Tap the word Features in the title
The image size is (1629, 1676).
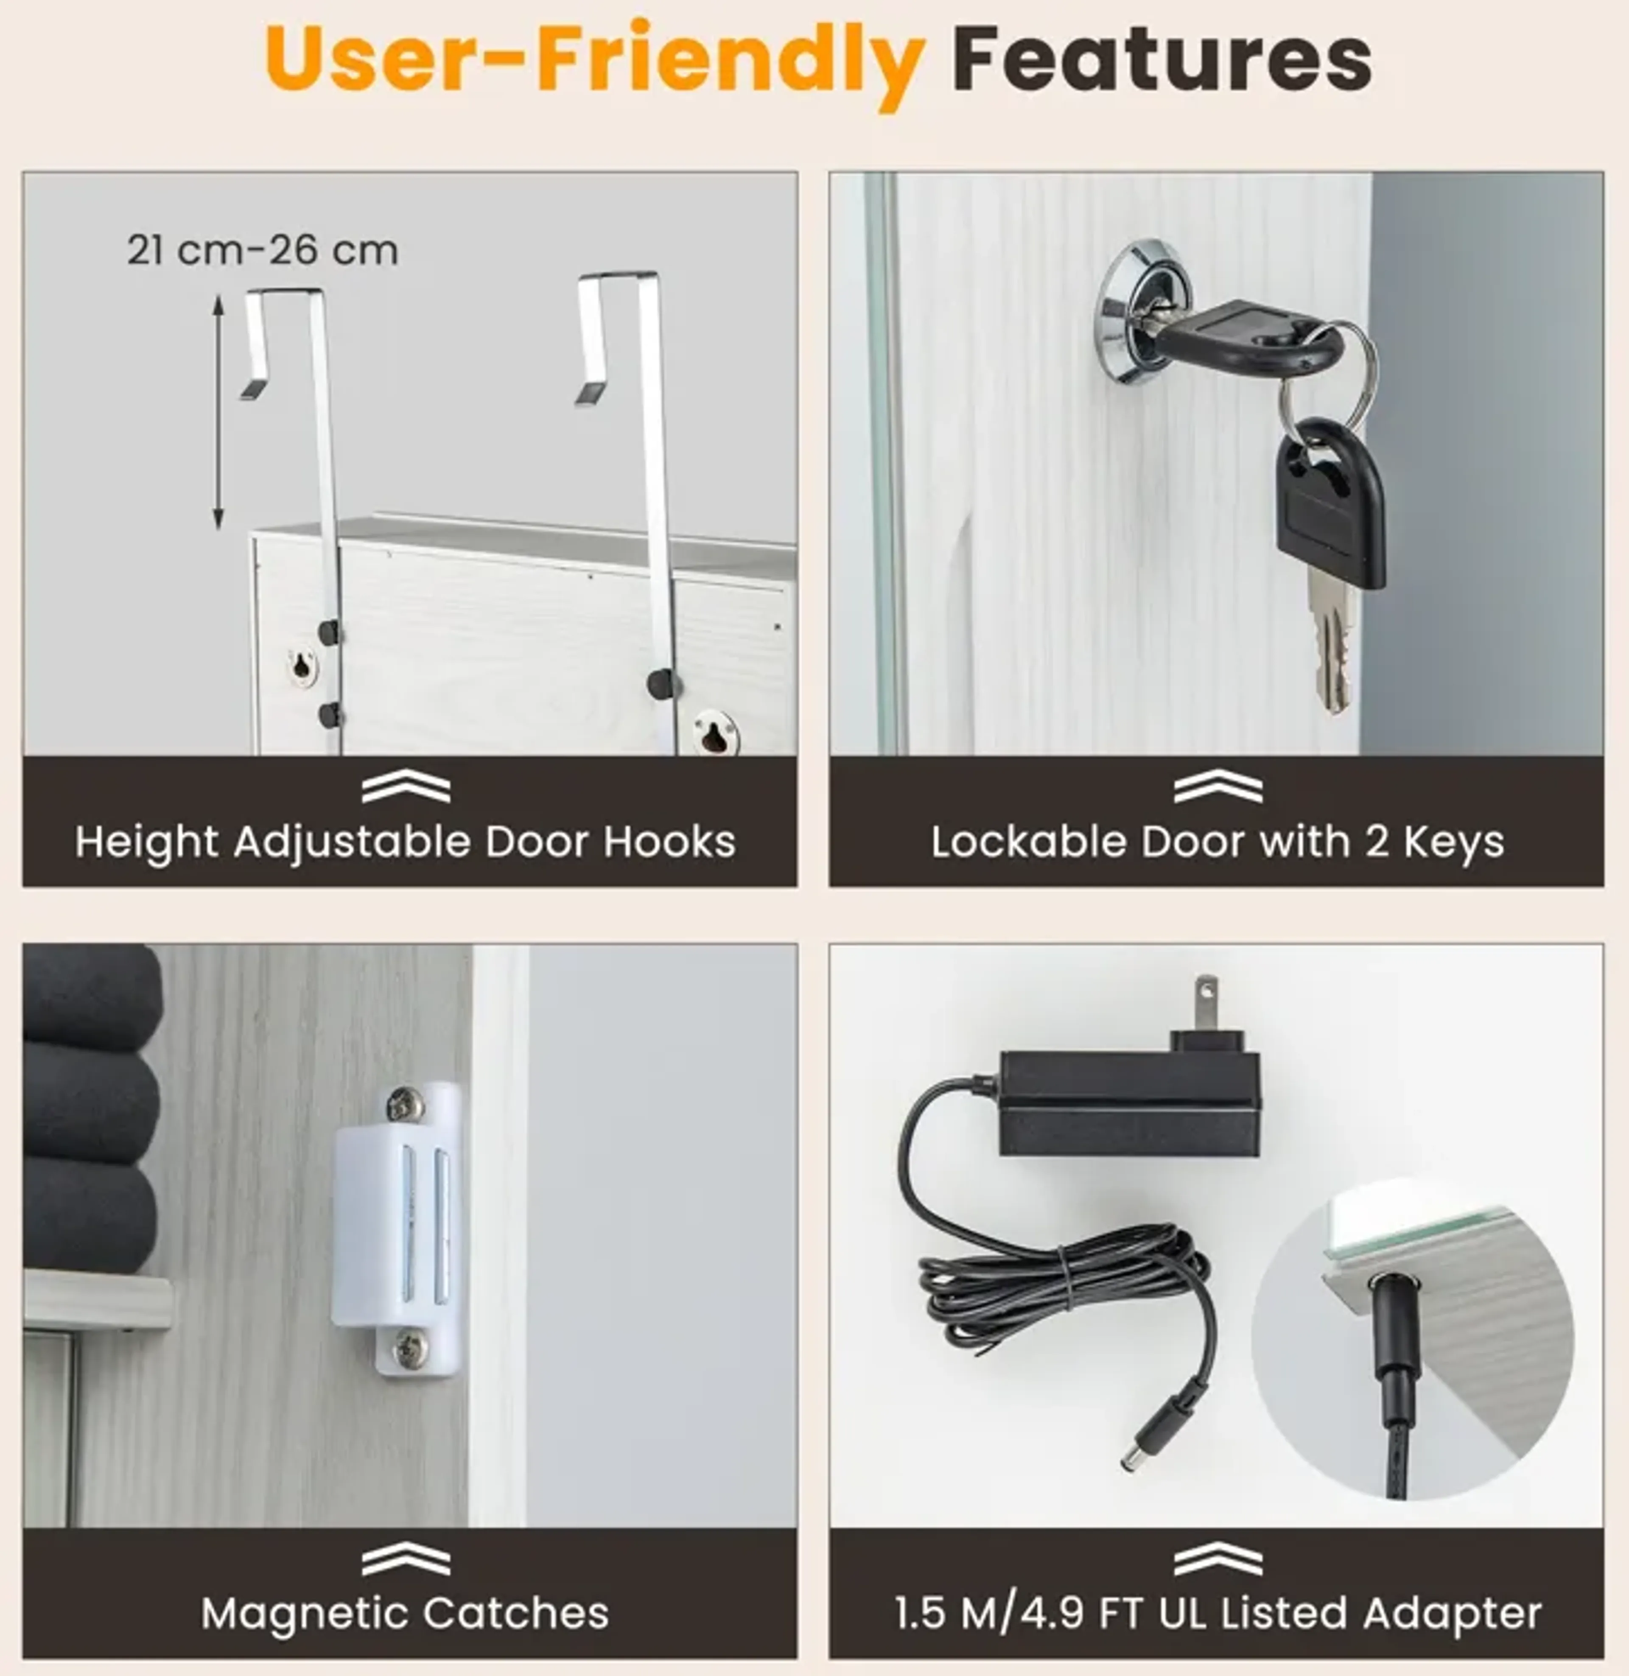pyautogui.click(x=1162, y=60)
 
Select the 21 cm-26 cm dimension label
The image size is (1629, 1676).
pyautogui.click(x=263, y=251)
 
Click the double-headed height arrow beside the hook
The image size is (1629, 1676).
pyautogui.click(x=218, y=411)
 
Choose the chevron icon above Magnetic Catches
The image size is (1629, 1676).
pyautogui.click(x=406, y=1560)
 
